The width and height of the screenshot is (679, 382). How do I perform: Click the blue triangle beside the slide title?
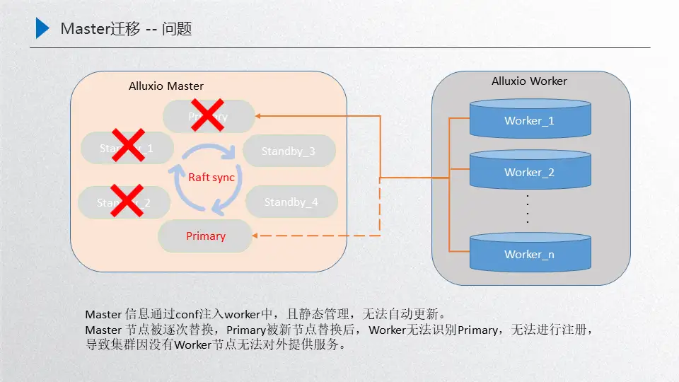pyautogui.click(x=42, y=28)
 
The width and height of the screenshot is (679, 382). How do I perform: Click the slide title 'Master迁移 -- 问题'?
pyautogui.click(x=126, y=29)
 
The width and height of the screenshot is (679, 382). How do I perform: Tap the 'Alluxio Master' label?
pyautogui.click(x=166, y=86)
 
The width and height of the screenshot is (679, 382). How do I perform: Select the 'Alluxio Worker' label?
pyautogui.click(x=529, y=81)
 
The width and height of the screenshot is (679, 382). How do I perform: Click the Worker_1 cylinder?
pyautogui.click(x=530, y=119)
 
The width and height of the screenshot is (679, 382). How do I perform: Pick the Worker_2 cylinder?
pyautogui.click(x=530, y=170)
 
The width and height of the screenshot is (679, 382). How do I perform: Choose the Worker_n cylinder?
pyautogui.click(x=530, y=253)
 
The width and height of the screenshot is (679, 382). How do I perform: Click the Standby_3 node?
pyautogui.click(x=289, y=151)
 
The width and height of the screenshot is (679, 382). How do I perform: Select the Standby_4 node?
pyautogui.click(x=291, y=202)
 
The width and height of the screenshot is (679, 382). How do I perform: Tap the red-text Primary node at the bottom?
pyautogui.click(x=206, y=236)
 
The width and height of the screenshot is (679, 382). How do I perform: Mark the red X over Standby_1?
pyautogui.click(x=128, y=145)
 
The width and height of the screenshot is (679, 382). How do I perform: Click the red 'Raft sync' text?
pyautogui.click(x=211, y=178)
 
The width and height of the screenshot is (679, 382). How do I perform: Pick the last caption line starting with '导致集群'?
pyautogui.click(x=215, y=345)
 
